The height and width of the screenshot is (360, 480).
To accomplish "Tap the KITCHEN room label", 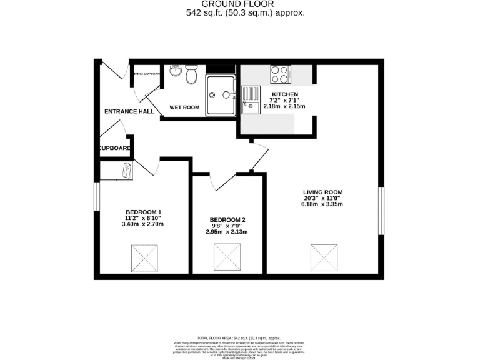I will coord(276,94).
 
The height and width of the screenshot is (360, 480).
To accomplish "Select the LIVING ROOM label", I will coord(323,192).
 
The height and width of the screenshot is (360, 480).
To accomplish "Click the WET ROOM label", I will coord(185,107).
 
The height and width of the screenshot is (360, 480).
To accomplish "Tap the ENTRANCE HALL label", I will coord(129,111).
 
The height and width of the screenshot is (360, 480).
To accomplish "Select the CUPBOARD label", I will coord(114,148).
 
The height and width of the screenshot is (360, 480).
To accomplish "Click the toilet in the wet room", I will coord(192,76).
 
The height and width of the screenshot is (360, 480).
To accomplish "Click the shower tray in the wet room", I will coord(221,95).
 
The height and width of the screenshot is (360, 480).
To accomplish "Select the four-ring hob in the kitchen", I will coord(279,75).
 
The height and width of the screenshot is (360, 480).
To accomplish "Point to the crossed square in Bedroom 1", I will coord(144,258).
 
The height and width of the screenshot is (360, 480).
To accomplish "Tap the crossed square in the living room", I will coord(323,257).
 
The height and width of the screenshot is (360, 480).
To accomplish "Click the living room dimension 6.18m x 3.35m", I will coord(323,204).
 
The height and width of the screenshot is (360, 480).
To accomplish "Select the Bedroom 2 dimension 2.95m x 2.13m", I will coord(227,232).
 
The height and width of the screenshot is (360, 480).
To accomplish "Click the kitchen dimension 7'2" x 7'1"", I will coord(276,100).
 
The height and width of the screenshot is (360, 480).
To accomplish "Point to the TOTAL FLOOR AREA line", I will coord(239,337).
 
